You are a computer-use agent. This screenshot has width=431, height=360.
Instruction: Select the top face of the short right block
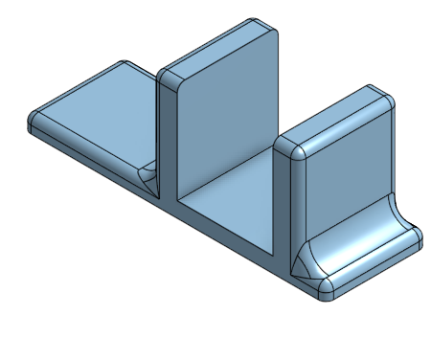[x=335, y=120]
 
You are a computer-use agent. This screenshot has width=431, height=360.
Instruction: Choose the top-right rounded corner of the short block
[x=388, y=99]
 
